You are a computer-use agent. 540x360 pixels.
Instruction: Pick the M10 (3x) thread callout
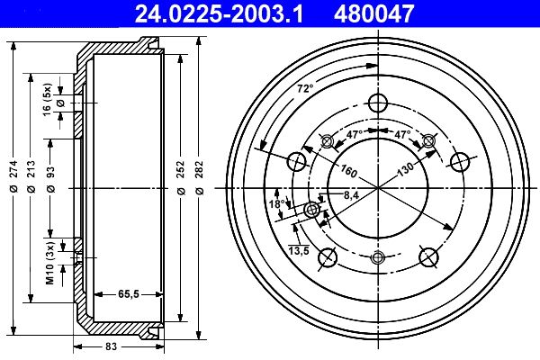tap(50, 262)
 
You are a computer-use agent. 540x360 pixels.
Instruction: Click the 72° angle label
tap(305, 88)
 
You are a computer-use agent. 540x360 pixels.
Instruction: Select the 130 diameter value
tap(406, 168)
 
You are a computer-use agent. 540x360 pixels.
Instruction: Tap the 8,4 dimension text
tap(351, 194)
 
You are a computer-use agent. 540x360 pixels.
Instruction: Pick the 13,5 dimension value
tap(299, 251)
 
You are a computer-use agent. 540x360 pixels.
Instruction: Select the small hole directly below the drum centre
tap(378, 259)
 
